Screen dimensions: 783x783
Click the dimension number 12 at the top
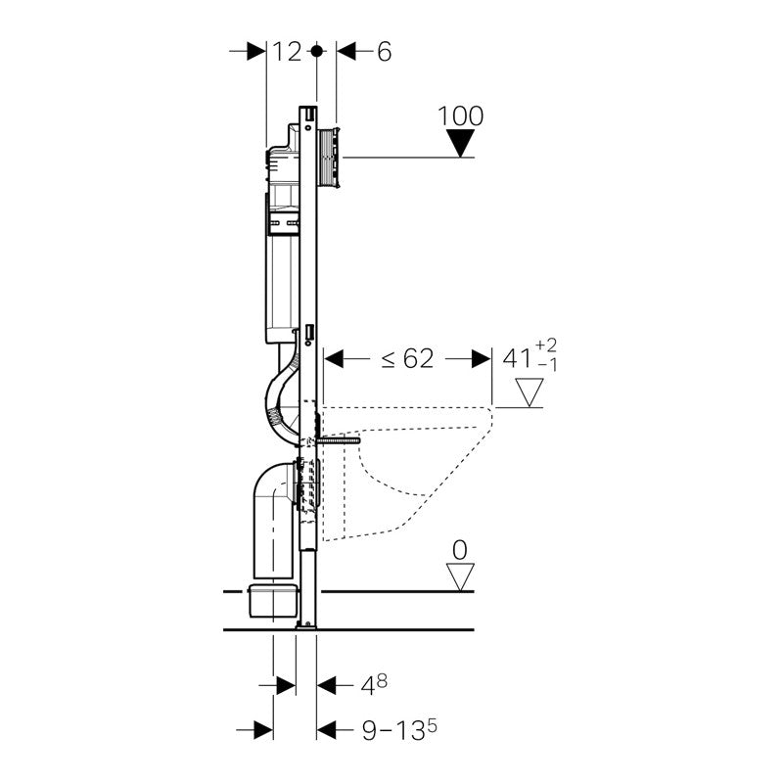(287, 52)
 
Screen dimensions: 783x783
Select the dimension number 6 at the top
(383, 52)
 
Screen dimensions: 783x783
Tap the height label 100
(461, 115)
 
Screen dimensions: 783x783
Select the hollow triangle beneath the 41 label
(530, 393)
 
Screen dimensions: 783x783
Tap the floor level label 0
(459, 548)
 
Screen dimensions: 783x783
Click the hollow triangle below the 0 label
(460, 576)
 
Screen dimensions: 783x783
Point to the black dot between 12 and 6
(315, 51)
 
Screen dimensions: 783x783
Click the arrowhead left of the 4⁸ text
(285, 685)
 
